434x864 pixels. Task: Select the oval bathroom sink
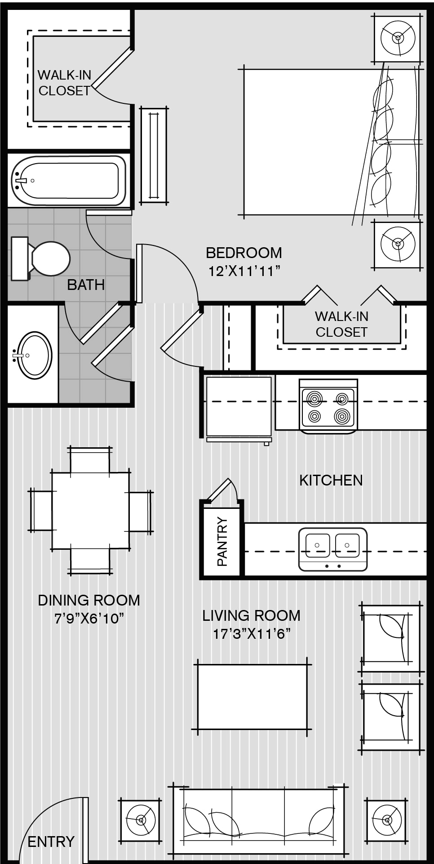point(33,355)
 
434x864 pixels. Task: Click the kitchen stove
point(328,406)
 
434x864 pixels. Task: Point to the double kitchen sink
point(332,549)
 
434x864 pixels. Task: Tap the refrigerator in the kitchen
point(239,409)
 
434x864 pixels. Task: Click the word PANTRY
point(222,541)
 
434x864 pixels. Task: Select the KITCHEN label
point(331,480)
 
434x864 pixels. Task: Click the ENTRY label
point(51,842)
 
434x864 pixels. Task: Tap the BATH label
point(86,285)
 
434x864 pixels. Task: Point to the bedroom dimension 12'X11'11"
point(244,271)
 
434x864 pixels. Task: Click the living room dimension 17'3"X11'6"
point(252,634)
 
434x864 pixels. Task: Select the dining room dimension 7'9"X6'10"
point(89,619)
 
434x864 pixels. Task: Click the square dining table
point(91,511)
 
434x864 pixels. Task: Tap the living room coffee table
point(252,697)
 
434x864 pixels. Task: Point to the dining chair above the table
point(90,460)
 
